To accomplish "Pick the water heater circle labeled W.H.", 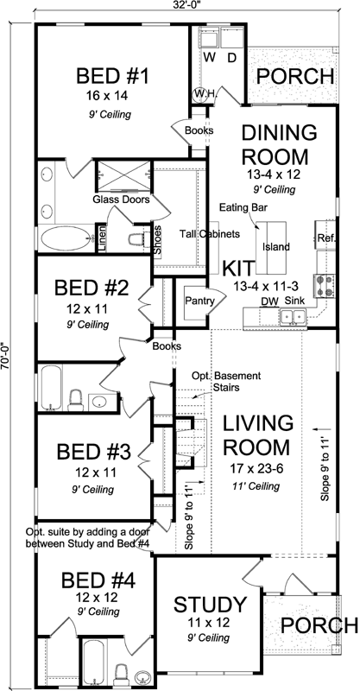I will [202, 93].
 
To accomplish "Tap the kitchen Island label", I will [277, 248].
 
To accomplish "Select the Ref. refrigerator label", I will [325, 238].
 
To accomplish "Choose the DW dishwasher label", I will [269, 301].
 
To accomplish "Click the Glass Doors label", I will [122, 200].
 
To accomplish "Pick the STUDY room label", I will [211, 603].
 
